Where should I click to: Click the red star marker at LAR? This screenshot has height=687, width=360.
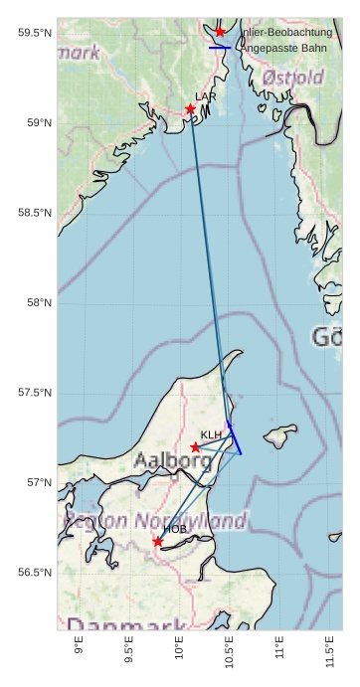[x=190, y=109]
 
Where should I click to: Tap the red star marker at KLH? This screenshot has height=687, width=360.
[x=196, y=447]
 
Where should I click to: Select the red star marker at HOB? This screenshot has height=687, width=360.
[x=158, y=542]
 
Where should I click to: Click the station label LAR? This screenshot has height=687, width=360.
[x=206, y=96]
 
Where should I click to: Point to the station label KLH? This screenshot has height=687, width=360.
[x=212, y=435]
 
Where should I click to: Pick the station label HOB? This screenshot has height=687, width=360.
[x=175, y=529]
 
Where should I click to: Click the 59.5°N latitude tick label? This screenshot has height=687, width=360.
[x=35, y=33]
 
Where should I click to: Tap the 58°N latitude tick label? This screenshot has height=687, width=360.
[x=39, y=302]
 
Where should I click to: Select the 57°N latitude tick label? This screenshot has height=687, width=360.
[x=39, y=482]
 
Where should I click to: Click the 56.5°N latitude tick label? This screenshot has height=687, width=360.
[x=35, y=573]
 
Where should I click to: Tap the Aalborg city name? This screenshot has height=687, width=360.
[x=172, y=461]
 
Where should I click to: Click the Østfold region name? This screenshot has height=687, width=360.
[x=293, y=78]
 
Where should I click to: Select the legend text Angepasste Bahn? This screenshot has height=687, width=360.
[x=284, y=48]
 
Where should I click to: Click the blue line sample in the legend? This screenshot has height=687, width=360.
[x=220, y=48]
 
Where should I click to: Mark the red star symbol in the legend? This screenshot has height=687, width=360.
[x=220, y=32]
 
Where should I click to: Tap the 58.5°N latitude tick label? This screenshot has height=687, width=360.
[x=35, y=213]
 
